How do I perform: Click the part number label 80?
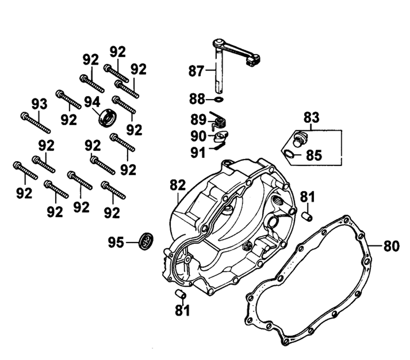coord(392,247)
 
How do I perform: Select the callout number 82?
coord(178,186)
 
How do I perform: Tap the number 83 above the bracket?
coord(311,118)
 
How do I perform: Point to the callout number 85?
coord(314,156)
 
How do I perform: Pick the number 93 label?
coord(40,104)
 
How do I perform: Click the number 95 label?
coord(116,243)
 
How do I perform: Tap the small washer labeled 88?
coord(219,99)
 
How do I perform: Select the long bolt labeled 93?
coord(36,123)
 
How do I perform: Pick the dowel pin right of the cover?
coord(307,216)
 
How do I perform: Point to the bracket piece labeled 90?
coord(221,135)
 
